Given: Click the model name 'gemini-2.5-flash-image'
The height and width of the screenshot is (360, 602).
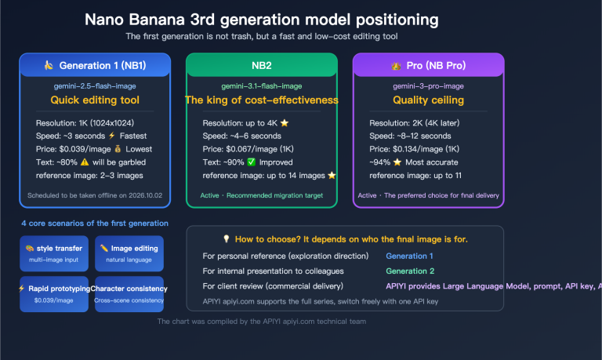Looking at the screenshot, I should [94, 85].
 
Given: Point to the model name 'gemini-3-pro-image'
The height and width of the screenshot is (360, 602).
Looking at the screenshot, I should [428, 85].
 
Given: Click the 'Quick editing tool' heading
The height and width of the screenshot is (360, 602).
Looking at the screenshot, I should [94, 100].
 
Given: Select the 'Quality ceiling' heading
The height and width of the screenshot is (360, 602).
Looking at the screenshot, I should [428, 100].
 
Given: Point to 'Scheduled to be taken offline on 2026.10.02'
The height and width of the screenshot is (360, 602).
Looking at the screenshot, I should [94, 195].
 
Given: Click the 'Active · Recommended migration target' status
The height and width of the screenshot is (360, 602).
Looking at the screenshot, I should [261, 195].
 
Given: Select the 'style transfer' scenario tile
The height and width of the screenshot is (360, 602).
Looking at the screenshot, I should [53, 253].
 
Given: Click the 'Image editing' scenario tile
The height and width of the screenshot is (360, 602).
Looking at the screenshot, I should [129, 253].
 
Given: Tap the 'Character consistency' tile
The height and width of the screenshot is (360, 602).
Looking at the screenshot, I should [129, 293].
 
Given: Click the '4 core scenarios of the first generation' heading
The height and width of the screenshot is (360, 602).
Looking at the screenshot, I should [94, 224].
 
